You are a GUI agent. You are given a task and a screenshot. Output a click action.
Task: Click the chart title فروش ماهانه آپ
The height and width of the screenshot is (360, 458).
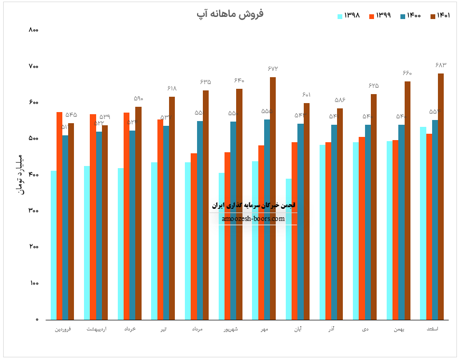pos(230,13)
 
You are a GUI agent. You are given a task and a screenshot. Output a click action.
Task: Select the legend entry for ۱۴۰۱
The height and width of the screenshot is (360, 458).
pos(440,15)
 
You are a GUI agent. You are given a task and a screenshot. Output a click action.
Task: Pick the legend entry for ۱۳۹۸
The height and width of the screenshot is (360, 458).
pos(349,15)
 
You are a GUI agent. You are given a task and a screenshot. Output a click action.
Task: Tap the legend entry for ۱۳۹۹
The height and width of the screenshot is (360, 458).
pos(379,15)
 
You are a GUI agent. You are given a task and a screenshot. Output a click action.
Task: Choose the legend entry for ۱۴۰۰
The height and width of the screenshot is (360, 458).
pos(409,15)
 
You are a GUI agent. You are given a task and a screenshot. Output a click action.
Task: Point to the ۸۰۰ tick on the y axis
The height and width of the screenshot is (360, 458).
pos(34,30)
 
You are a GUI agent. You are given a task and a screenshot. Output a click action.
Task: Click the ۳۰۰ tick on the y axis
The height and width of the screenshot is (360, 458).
pos(34,211)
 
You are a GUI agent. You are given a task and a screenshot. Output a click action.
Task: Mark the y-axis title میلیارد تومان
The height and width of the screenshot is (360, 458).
pos(21,174)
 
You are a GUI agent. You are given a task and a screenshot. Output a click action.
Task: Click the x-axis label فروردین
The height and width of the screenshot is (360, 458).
pos(64,329)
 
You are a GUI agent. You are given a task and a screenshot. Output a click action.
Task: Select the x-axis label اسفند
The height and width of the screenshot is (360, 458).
pos(433,329)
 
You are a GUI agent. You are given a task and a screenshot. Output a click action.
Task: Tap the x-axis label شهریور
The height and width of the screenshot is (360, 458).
pos(230,329)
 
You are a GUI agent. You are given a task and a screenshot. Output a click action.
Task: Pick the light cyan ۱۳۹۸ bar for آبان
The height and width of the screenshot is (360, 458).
pos(288,249)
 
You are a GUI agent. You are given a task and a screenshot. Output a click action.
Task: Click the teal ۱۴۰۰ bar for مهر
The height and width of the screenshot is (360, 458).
pos(267,219)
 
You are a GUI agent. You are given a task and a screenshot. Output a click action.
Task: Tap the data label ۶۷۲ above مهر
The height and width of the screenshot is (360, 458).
pos(273,69)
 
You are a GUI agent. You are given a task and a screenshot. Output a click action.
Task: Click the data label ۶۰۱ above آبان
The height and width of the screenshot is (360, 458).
pos(307,95)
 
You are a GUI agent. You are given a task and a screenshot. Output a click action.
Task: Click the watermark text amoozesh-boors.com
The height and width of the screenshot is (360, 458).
pos(253,219)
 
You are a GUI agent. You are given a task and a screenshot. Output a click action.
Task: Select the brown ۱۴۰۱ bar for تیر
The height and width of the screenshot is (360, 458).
pos(172,208)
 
